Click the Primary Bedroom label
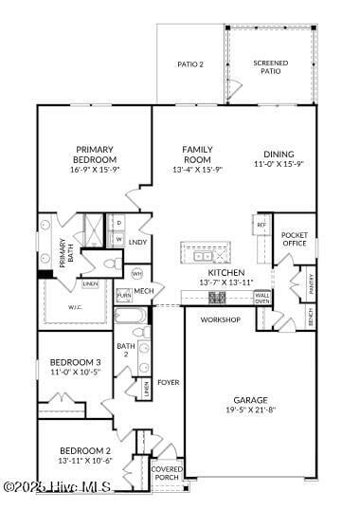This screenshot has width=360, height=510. [95, 155]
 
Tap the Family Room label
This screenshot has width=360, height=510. [197, 155]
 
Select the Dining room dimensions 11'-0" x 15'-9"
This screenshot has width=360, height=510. [279, 164]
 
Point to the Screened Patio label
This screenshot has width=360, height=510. [271, 67]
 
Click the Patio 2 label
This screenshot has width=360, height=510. [190, 64]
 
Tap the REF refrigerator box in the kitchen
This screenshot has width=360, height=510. [261, 225]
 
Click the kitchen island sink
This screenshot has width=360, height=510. [204, 256]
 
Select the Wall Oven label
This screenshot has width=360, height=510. [261, 298]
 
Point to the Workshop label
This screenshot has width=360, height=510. [220, 319]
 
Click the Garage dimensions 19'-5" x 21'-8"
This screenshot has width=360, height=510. [250, 410]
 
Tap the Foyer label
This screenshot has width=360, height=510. [168, 382]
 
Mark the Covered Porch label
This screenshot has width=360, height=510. [167, 472]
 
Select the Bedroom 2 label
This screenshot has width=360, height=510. [85, 450]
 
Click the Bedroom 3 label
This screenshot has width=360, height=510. [75, 362]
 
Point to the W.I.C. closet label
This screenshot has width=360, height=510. [76, 306]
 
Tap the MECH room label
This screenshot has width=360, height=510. [143, 291]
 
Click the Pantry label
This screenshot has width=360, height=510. [310, 282]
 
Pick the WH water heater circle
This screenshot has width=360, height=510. [136, 274]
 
